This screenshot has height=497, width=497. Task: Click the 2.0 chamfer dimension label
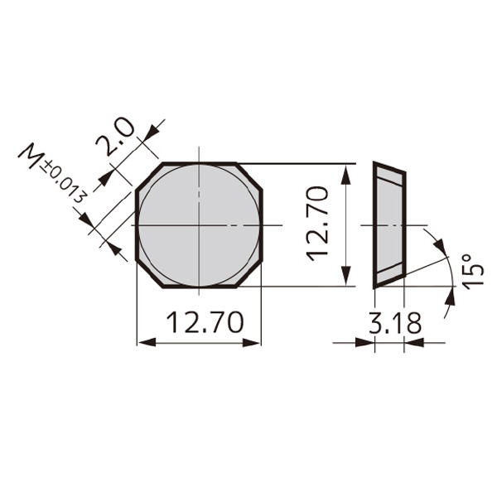coord(115,138)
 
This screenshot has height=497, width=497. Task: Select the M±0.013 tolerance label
coord(53,176)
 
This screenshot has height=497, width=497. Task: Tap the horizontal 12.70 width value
coord(205,322)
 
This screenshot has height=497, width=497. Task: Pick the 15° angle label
coord(470,271)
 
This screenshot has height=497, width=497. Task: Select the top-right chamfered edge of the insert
coord(249,176)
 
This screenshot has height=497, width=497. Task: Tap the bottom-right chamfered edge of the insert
coord(249,274)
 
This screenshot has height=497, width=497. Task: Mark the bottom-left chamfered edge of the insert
coord(149,274)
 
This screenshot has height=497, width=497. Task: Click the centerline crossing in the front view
coord(199,225)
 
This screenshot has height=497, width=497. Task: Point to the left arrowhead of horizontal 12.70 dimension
coord(143,342)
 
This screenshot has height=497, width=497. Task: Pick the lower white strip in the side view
coord(389,272)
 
